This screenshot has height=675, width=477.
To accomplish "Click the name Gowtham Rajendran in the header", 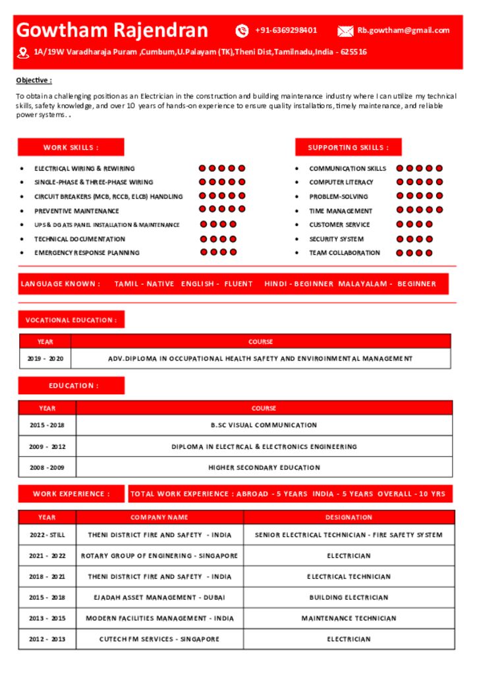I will pos(112,30).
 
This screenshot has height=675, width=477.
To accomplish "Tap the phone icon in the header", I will pos(242,30).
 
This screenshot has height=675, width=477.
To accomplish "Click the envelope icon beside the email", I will pos(345,31).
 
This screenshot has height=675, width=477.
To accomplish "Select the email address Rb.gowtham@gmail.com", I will pos(403,30).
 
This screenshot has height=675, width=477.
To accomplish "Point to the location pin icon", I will pos(23,52).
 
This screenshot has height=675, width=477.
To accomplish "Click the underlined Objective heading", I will pos(34,80).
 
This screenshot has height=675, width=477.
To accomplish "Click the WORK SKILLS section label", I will pos(70,148).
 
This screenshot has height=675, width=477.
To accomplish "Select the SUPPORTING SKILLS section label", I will pos(348,148).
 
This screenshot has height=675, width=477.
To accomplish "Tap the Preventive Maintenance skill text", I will pos(76,211).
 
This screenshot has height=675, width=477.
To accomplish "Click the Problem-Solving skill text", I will pos(339,196).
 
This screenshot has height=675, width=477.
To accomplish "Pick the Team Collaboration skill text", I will pos(345,253).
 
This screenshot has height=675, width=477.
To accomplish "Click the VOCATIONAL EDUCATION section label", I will pos(71,320).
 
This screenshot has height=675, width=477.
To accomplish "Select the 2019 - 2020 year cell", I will pos(45,359).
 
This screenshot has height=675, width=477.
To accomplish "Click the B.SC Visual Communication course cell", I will pos(264,425).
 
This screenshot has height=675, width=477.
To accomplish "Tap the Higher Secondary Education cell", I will pos(264,467).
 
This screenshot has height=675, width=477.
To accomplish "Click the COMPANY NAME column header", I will pos(159,517).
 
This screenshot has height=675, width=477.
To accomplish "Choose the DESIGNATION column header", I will pos(349,517).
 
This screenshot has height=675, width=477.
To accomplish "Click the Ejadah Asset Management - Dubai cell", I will pos(159,597).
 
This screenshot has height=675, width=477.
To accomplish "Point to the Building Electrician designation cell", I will pos(349,597).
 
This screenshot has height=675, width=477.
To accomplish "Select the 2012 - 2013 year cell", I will pos(47,639).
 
